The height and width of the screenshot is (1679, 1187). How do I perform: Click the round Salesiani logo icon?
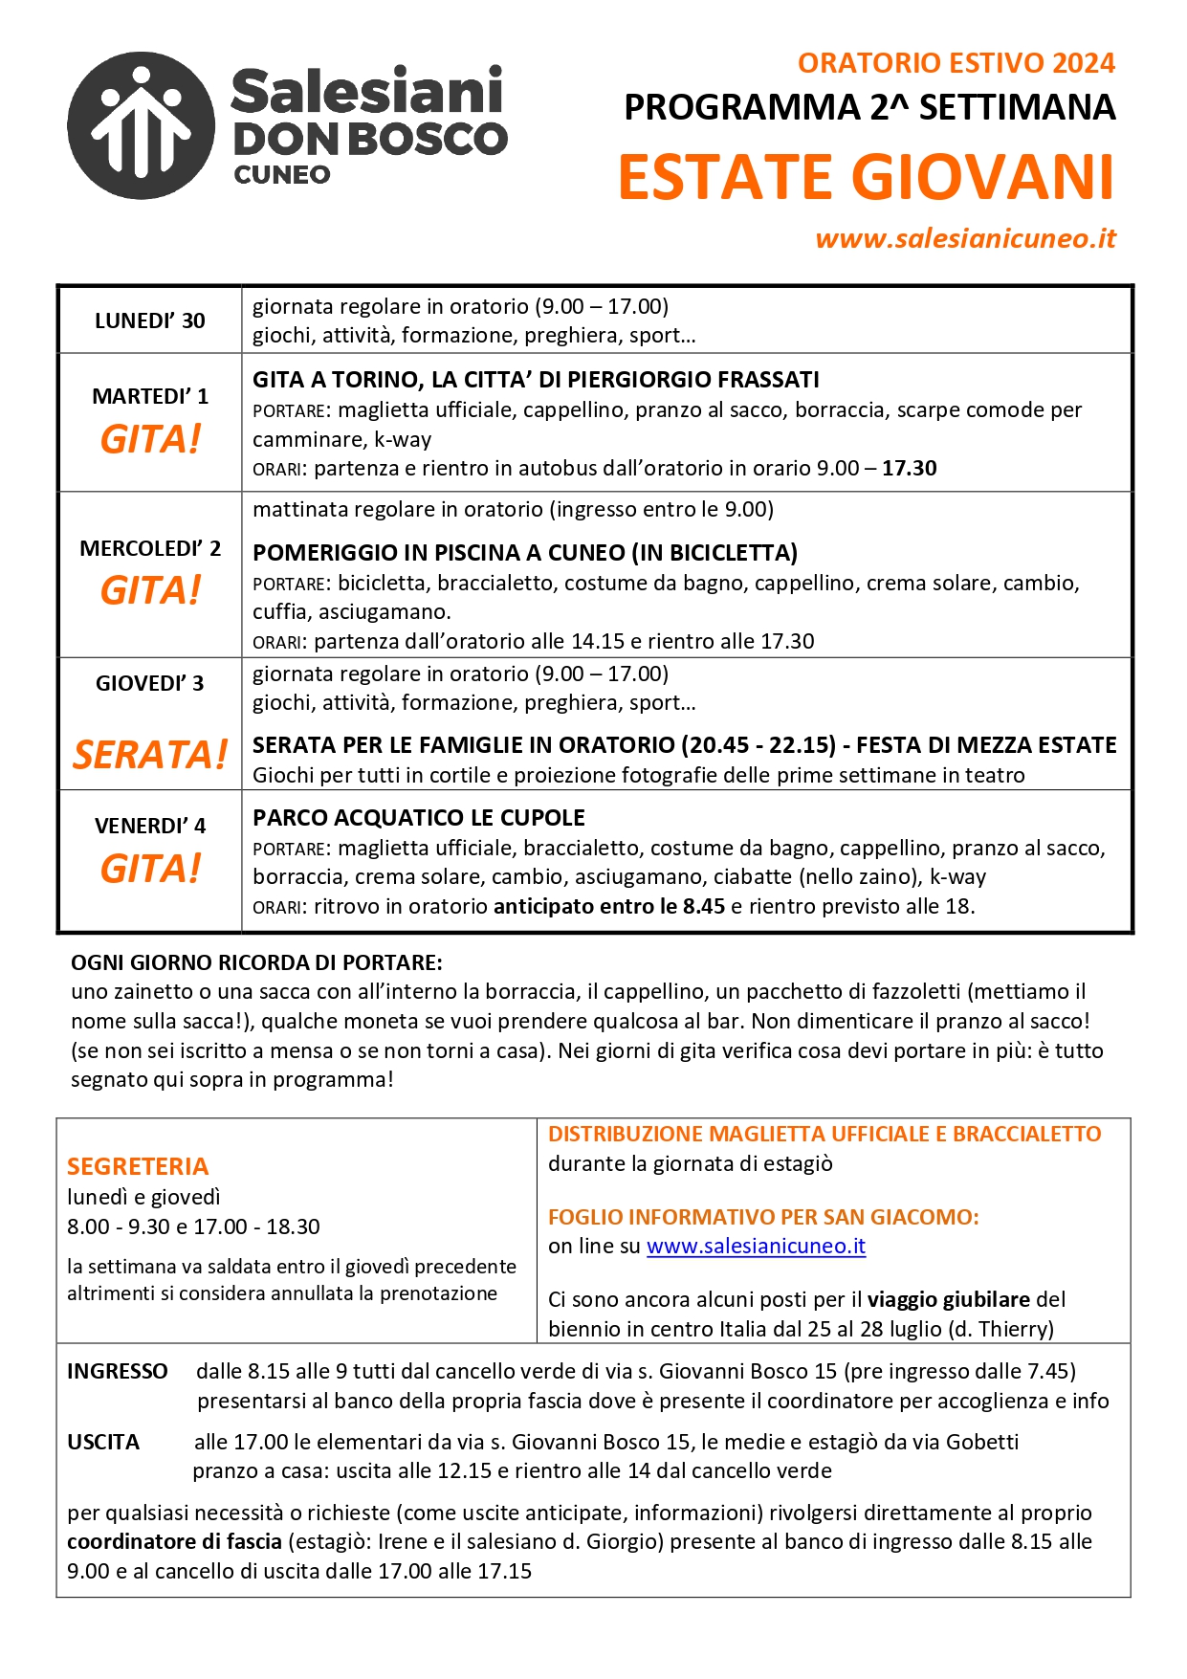click(x=142, y=125)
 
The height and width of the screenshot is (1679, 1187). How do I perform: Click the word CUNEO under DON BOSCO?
click(x=282, y=175)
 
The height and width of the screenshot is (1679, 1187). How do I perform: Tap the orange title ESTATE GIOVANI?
click(x=866, y=178)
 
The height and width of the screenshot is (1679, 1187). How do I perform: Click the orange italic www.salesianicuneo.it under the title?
click(x=965, y=238)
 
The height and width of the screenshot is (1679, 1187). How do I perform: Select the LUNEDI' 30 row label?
click(x=150, y=320)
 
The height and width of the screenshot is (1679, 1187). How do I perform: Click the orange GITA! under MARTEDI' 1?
click(x=150, y=439)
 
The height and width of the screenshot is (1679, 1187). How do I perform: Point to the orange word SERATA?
click(x=150, y=755)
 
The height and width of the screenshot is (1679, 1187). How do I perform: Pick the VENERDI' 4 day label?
click(x=150, y=826)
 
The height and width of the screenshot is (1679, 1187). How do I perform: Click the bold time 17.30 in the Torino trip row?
click(x=909, y=468)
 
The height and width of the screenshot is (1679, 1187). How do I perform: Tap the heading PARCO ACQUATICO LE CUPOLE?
click(x=419, y=818)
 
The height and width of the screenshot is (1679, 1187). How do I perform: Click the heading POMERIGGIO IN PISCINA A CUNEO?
click(x=525, y=553)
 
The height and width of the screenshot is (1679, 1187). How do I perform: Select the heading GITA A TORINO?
click(x=536, y=380)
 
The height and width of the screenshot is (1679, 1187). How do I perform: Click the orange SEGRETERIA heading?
click(x=138, y=1166)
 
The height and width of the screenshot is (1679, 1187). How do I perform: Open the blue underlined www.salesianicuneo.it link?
click(x=756, y=1246)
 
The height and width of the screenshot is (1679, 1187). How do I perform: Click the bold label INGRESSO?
click(x=117, y=1372)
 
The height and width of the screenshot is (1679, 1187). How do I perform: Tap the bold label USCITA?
click(x=103, y=1442)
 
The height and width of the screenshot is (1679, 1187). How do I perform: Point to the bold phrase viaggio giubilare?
click(x=948, y=1299)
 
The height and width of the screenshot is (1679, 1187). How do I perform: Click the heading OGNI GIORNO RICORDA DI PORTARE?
click(x=256, y=962)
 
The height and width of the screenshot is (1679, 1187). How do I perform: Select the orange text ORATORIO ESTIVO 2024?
click(x=956, y=63)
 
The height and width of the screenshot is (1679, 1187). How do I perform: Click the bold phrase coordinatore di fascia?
click(x=174, y=1541)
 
